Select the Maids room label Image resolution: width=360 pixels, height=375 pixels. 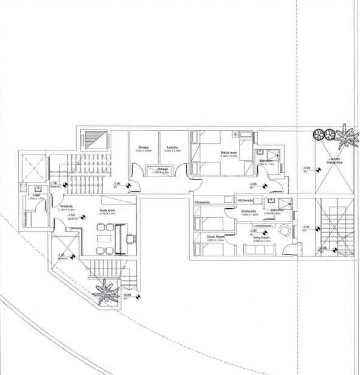point(220,153)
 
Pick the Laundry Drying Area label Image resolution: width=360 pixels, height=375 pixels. point(334,161)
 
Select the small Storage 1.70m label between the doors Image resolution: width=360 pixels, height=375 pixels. point(162,171)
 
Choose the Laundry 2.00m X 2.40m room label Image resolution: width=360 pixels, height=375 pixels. point(173,149)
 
